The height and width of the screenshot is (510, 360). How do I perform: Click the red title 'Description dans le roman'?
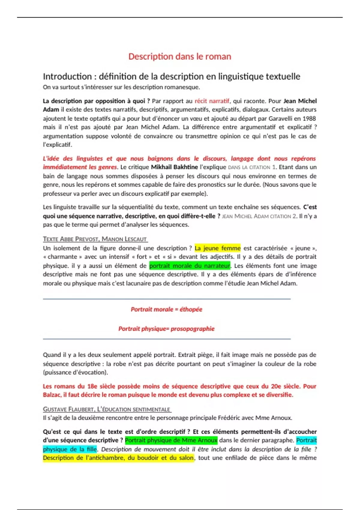(180, 56)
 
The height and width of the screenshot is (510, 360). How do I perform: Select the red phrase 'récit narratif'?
(212, 101)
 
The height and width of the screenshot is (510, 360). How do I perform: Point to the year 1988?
(309, 118)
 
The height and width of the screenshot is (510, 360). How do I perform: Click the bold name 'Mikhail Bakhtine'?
(174, 167)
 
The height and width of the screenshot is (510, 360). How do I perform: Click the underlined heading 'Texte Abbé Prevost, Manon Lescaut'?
(95, 239)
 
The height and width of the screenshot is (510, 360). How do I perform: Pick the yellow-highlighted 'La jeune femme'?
(217, 248)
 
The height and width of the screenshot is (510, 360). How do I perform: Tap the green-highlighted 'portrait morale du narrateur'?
(190, 266)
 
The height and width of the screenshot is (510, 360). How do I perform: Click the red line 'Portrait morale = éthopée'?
(166, 309)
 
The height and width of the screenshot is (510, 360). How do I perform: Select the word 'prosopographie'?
(193, 329)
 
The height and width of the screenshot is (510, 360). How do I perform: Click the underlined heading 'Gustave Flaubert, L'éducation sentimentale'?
(107, 409)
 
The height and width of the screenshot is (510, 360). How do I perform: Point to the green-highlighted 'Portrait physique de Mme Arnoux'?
(171, 440)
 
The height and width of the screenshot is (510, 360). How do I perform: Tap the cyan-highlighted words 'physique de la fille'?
(70, 449)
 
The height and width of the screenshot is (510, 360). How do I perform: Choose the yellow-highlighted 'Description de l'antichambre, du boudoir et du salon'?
(118, 458)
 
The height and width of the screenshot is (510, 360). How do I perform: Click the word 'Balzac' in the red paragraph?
(52, 395)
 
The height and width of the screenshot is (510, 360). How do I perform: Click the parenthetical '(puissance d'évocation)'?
(75, 373)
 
